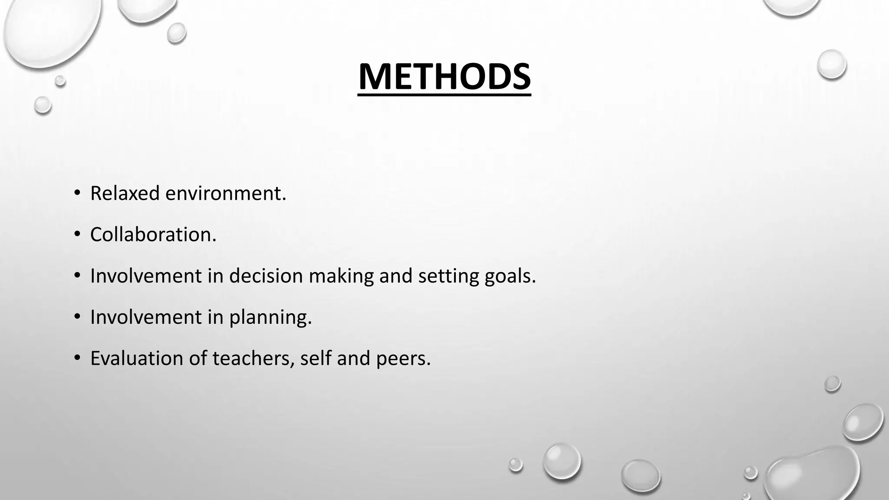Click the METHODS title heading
click(x=444, y=76)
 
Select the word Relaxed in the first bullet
click(x=125, y=193)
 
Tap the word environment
click(x=226, y=193)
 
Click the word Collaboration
click(x=153, y=234)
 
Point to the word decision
click(x=266, y=276)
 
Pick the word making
click(x=341, y=276)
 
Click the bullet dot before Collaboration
click(x=77, y=234)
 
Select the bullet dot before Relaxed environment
click(x=77, y=193)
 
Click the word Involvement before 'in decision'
click(x=146, y=276)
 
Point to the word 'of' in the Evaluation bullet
click(x=198, y=359)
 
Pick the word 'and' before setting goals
click(x=396, y=276)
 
